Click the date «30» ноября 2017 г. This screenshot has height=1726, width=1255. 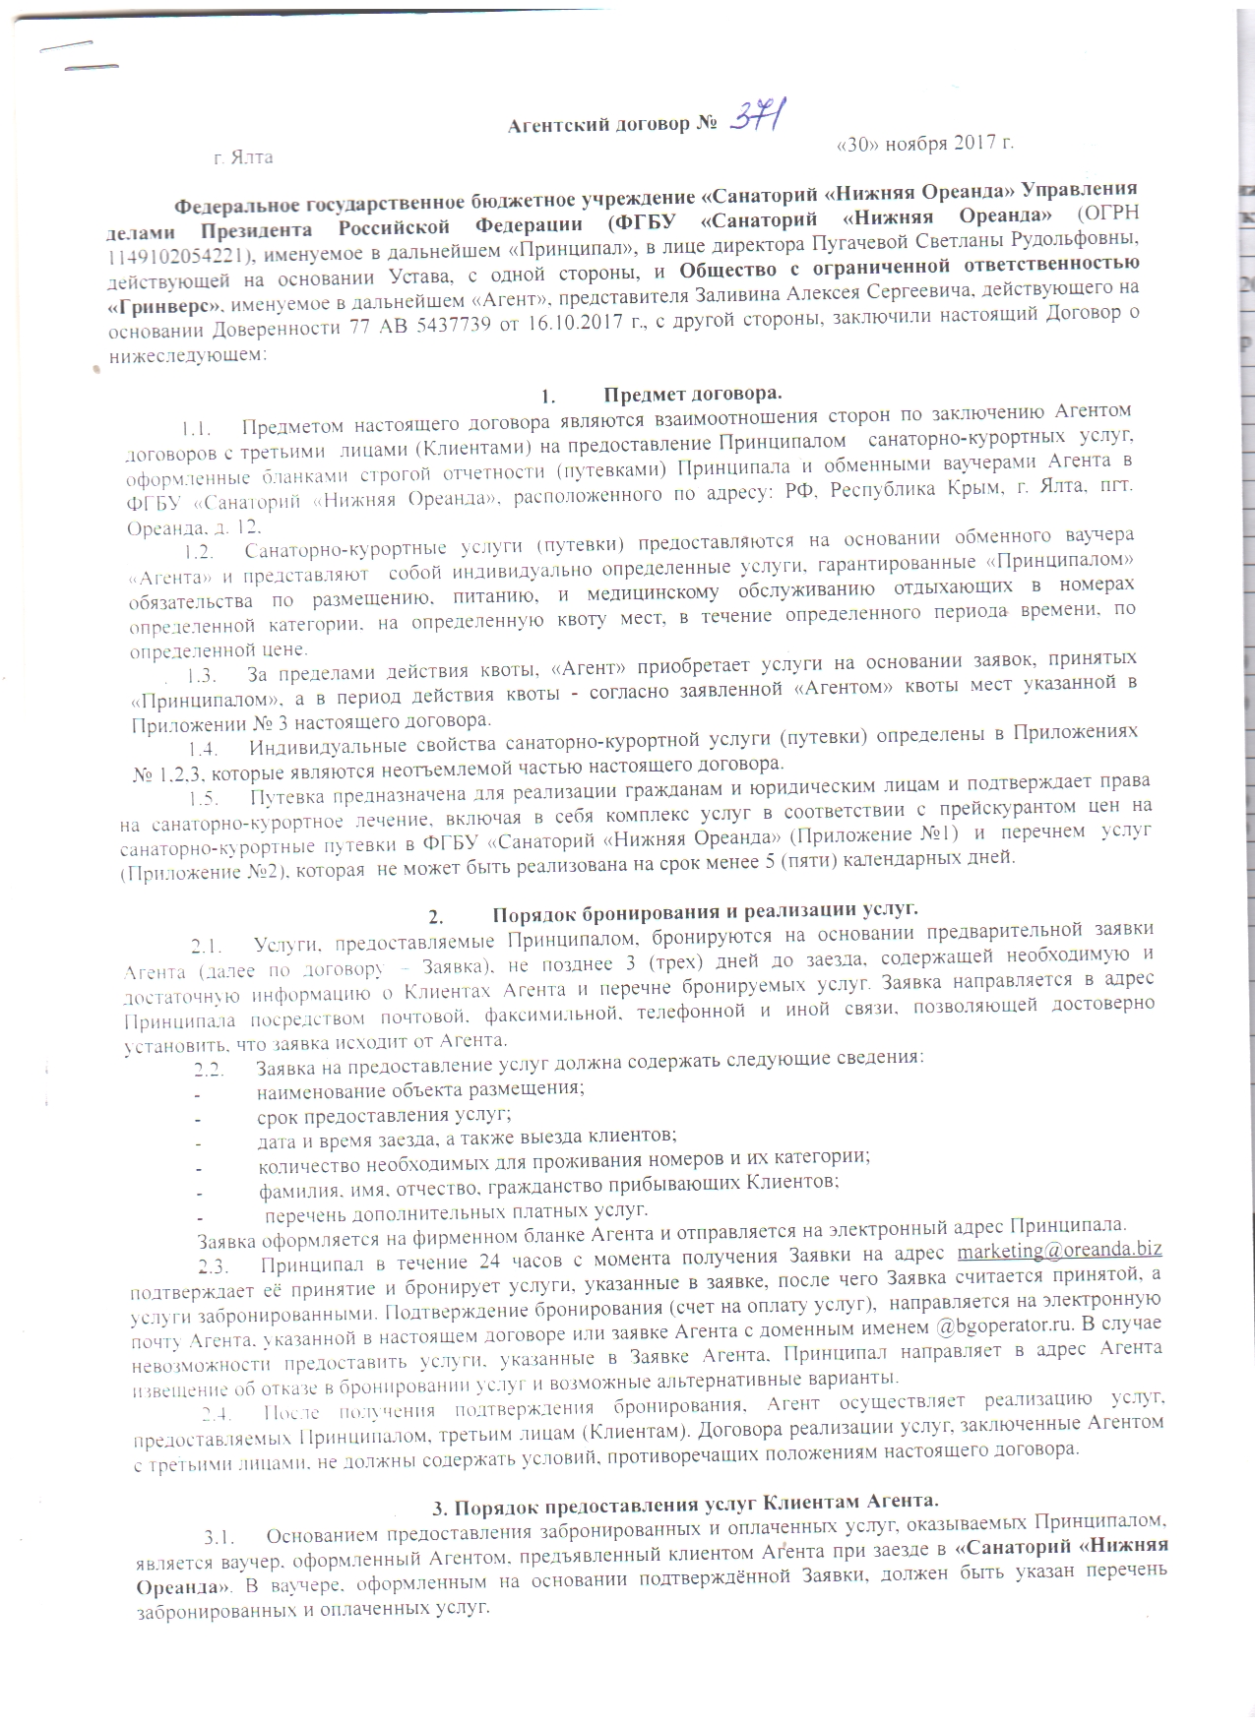pos(923,144)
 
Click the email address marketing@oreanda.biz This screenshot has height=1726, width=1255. pos(1058,1250)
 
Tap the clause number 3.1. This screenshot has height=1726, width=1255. pos(219,1537)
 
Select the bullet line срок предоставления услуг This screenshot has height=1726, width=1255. pos(384,1116)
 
